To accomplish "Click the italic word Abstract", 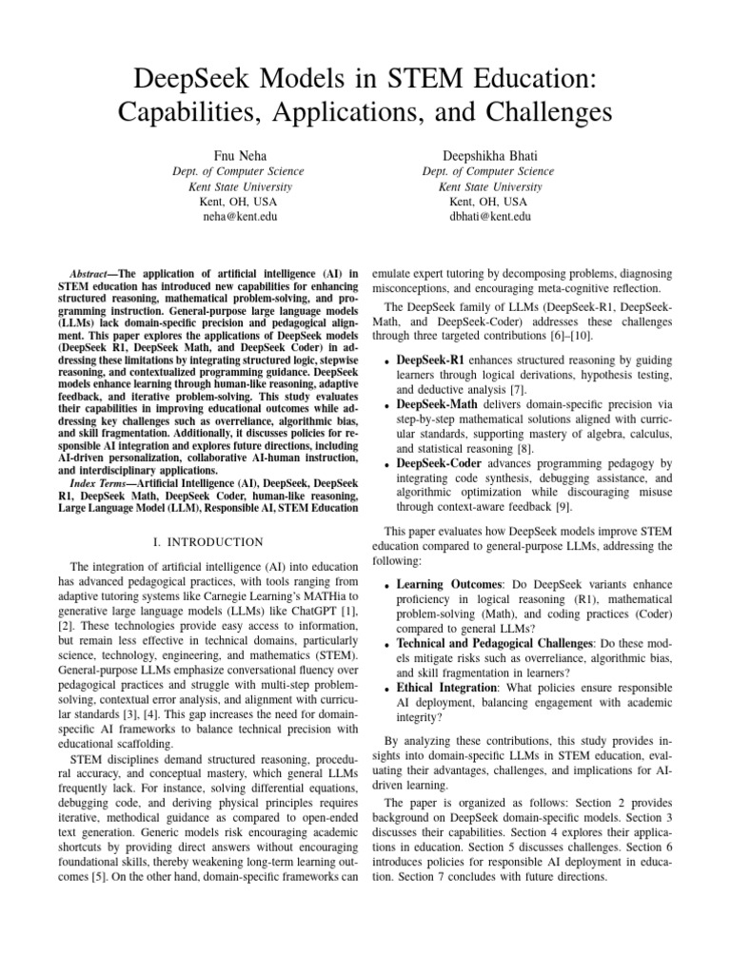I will click(93, 275).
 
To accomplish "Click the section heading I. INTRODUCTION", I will click(208, 542).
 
